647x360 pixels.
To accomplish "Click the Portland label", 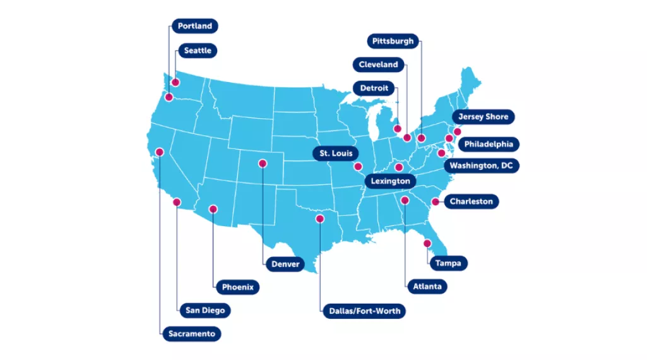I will click(195, 27).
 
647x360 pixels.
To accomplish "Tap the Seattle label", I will click(198, 51).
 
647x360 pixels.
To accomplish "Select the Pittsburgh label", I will click(393, 42).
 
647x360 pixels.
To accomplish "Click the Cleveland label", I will click(378, 64).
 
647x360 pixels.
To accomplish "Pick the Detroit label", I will click(374, 88).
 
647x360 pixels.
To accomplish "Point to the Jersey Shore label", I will click(483, 117).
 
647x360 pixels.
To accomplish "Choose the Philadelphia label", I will click(489, 144).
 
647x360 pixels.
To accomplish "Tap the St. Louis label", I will click(335, 153).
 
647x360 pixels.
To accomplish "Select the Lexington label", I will click(391, 181).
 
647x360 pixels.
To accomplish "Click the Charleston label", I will click(471, 201).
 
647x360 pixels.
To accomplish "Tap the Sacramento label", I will click(191, 333).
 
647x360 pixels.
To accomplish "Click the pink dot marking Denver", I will click(262, 164).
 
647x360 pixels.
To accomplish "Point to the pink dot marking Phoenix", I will click(213, 209).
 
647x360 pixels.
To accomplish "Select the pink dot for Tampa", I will click(427, 243).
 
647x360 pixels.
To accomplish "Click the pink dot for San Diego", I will click(177, 202).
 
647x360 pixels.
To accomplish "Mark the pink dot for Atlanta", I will click(405, 200).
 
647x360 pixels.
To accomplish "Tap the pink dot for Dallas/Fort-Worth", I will click(320, 219).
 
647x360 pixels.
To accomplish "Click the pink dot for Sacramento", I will click(160, 152).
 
